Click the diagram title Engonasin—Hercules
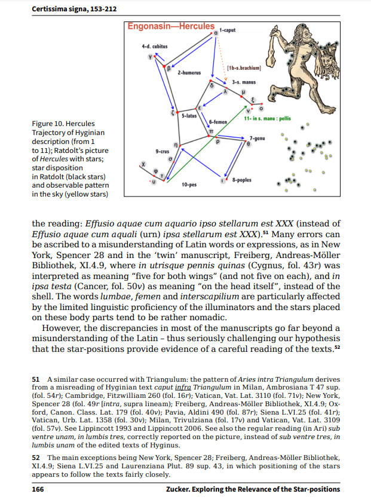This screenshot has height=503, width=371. (x=171, y=26)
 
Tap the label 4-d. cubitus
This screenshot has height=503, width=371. (x=154, y=45)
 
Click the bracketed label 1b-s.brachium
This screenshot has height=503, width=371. (x=243, y=68)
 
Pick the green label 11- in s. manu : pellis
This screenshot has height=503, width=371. (x=267, y=118)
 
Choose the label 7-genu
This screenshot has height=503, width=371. (x=258, y=138)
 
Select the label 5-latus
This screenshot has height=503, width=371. (x=189, y=115)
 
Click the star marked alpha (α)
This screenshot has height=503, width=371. (x=216, y=34)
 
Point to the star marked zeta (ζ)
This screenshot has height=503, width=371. (x=173, y=112)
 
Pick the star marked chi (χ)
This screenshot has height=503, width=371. (x=142, y=163)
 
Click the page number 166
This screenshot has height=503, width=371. (x=37, y=489)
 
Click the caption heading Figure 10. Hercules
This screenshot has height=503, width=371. (x=62, y=124)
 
